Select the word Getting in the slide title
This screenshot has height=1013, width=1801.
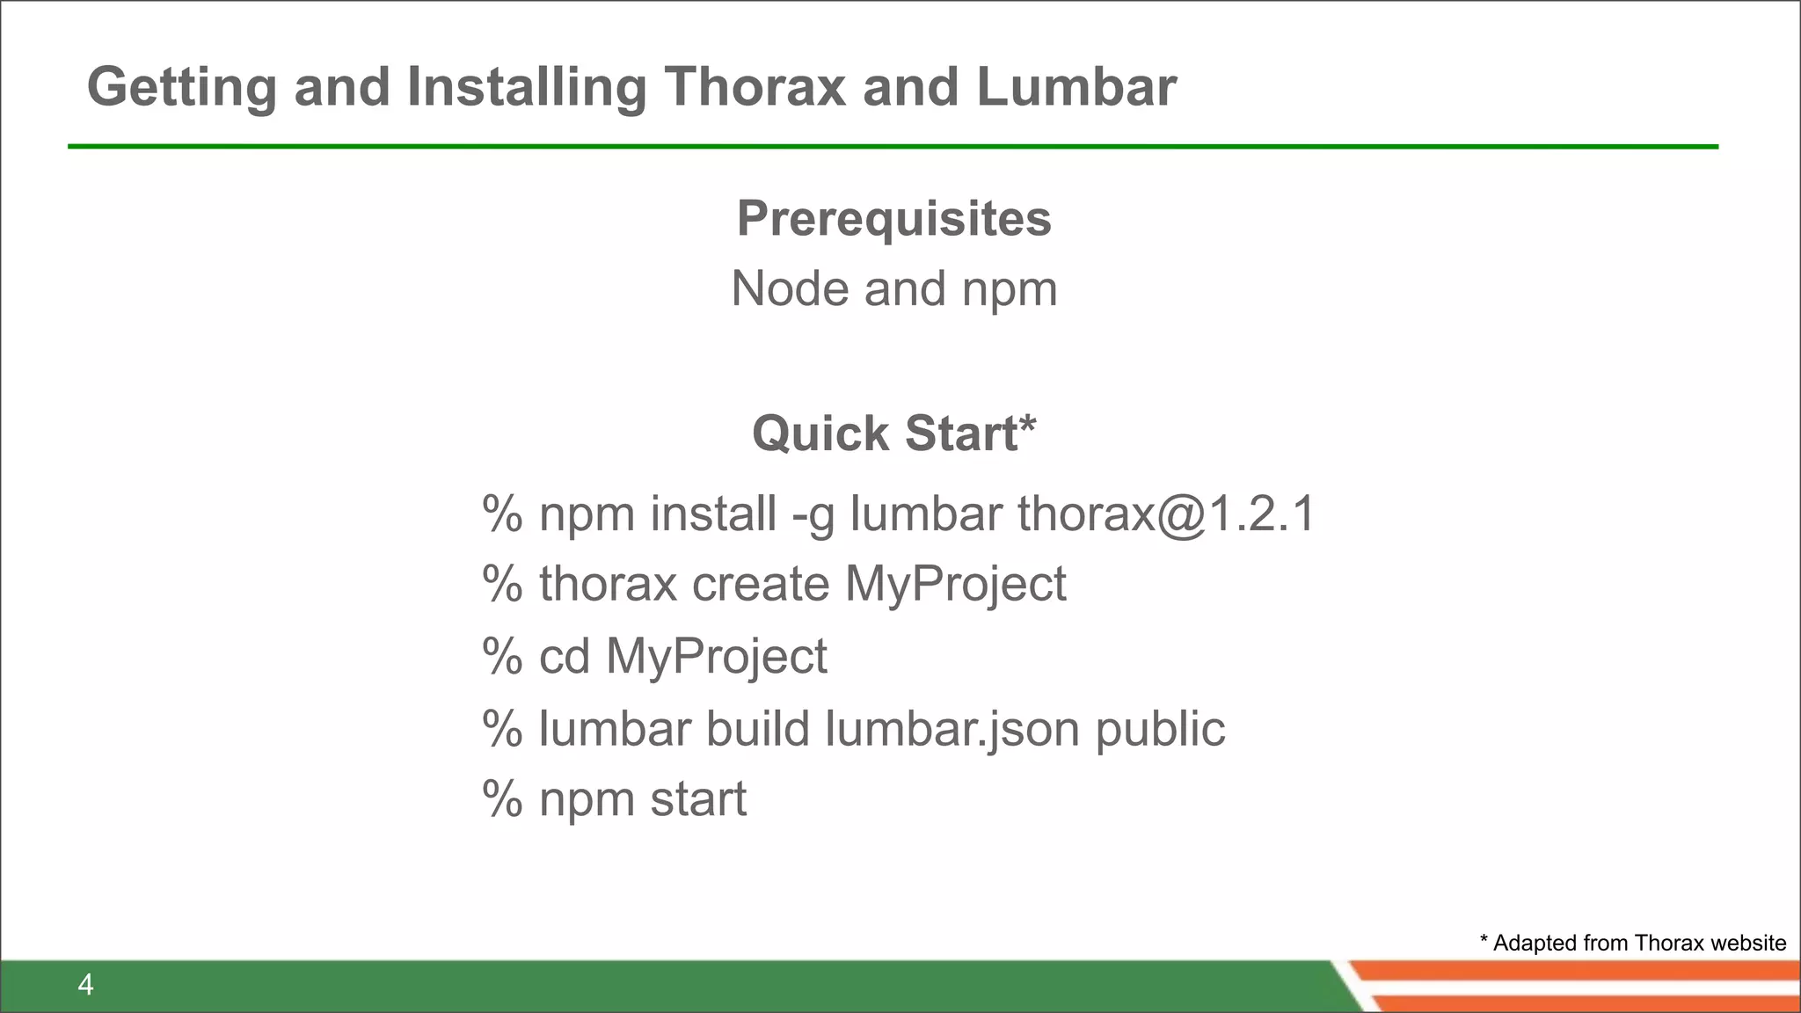[182, 89]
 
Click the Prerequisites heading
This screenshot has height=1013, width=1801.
[893, 218]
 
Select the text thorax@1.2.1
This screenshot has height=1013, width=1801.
[1166, 514]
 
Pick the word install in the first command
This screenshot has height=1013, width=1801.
[713, 514]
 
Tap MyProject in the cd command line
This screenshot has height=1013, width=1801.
[716, 657]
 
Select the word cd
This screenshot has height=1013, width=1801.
[564, 657]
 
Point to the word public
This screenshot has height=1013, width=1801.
[1159, 730]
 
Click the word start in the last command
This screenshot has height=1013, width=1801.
[698, 800]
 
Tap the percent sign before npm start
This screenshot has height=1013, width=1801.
[502, 800]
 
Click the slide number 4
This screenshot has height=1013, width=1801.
[85, 985]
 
